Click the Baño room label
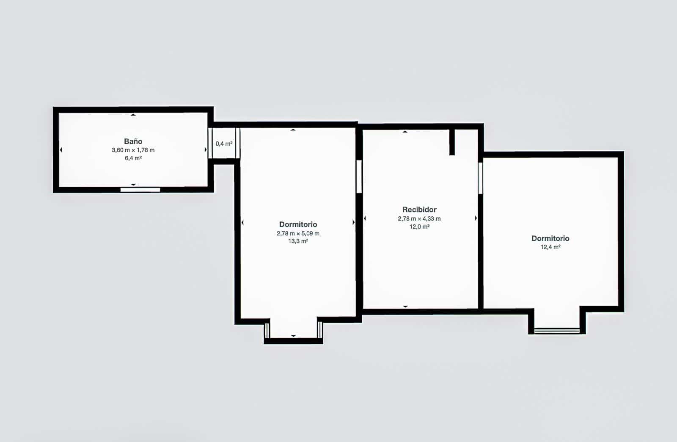coord(133,141)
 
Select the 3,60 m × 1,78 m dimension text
coord(133,150)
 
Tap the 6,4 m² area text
coord(133,158)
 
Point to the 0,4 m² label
coord(224,144)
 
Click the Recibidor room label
coord(419,210)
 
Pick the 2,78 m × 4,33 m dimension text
coord(419,218)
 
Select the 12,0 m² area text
coord(419,227)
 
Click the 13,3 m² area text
coord(298,241)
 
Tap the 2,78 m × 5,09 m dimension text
coord(298,233)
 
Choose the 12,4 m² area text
coord(550,247)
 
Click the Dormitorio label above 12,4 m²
coord(550,238)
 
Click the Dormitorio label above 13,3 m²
coord(298,224)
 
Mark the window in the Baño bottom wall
coord(140,190)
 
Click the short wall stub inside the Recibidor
coord(452,142)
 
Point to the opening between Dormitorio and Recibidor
coord(359,176)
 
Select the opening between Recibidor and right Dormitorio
coord(481,178)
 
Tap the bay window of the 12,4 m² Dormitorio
coord(557,330)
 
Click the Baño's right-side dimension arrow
coord(206,150)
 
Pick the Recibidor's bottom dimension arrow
coord(405,306)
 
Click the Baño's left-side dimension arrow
coord(61,150)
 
